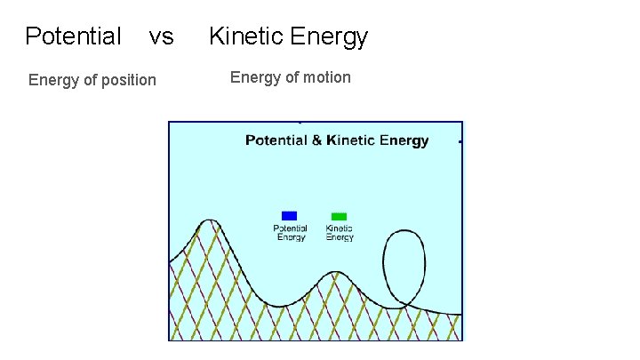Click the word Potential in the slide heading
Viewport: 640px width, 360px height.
pos(73,36)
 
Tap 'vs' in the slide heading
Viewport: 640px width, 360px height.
pos(161,36)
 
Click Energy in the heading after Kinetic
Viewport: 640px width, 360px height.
pos(330,36)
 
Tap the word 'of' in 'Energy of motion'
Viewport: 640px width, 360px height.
pos(292,77)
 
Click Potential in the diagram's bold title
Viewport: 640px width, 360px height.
pos(277,140)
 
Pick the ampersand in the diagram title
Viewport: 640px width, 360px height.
pos(317,140)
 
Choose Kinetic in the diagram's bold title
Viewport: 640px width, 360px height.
pos(351,140)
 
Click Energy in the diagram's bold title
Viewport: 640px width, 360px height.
pos(404,140)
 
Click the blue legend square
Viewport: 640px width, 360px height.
pos(289,215)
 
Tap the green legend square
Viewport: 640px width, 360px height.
pos(339,216)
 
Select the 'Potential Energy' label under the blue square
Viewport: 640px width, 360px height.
pos(290,233)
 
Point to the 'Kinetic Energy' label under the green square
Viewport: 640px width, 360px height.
pos(339,233)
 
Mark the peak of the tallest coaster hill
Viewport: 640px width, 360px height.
pos(209,220)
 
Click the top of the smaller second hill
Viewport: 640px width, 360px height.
pos(335,272)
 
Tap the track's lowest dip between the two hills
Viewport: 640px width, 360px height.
pos(279,307)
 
